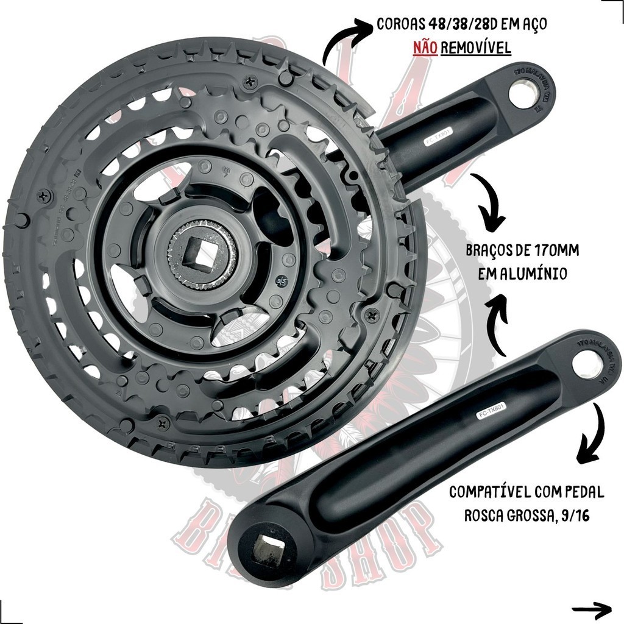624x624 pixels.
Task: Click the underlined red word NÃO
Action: pos(425,48)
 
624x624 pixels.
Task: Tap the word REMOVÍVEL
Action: pos(476,48)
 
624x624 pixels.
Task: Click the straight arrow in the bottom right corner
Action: pos(592,608)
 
